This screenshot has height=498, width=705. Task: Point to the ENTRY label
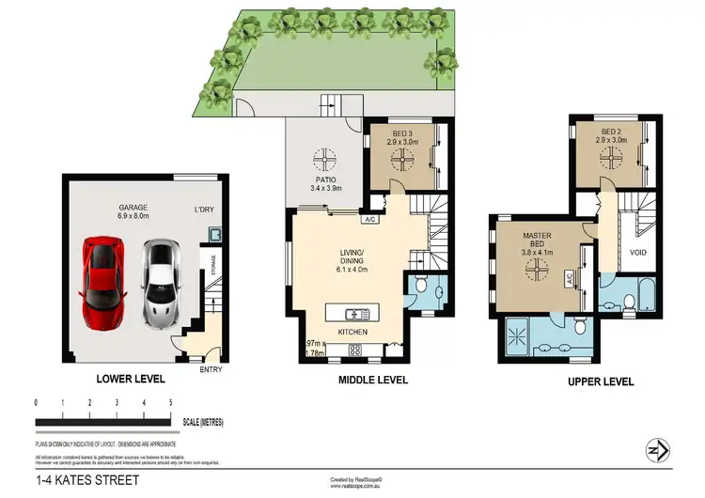[212, 369]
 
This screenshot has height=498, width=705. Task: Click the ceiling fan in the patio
[326, 157]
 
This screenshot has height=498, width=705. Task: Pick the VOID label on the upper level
[638, 252]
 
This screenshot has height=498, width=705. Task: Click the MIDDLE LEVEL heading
[372, 380]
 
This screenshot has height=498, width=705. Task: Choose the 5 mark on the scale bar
[170, 402]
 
